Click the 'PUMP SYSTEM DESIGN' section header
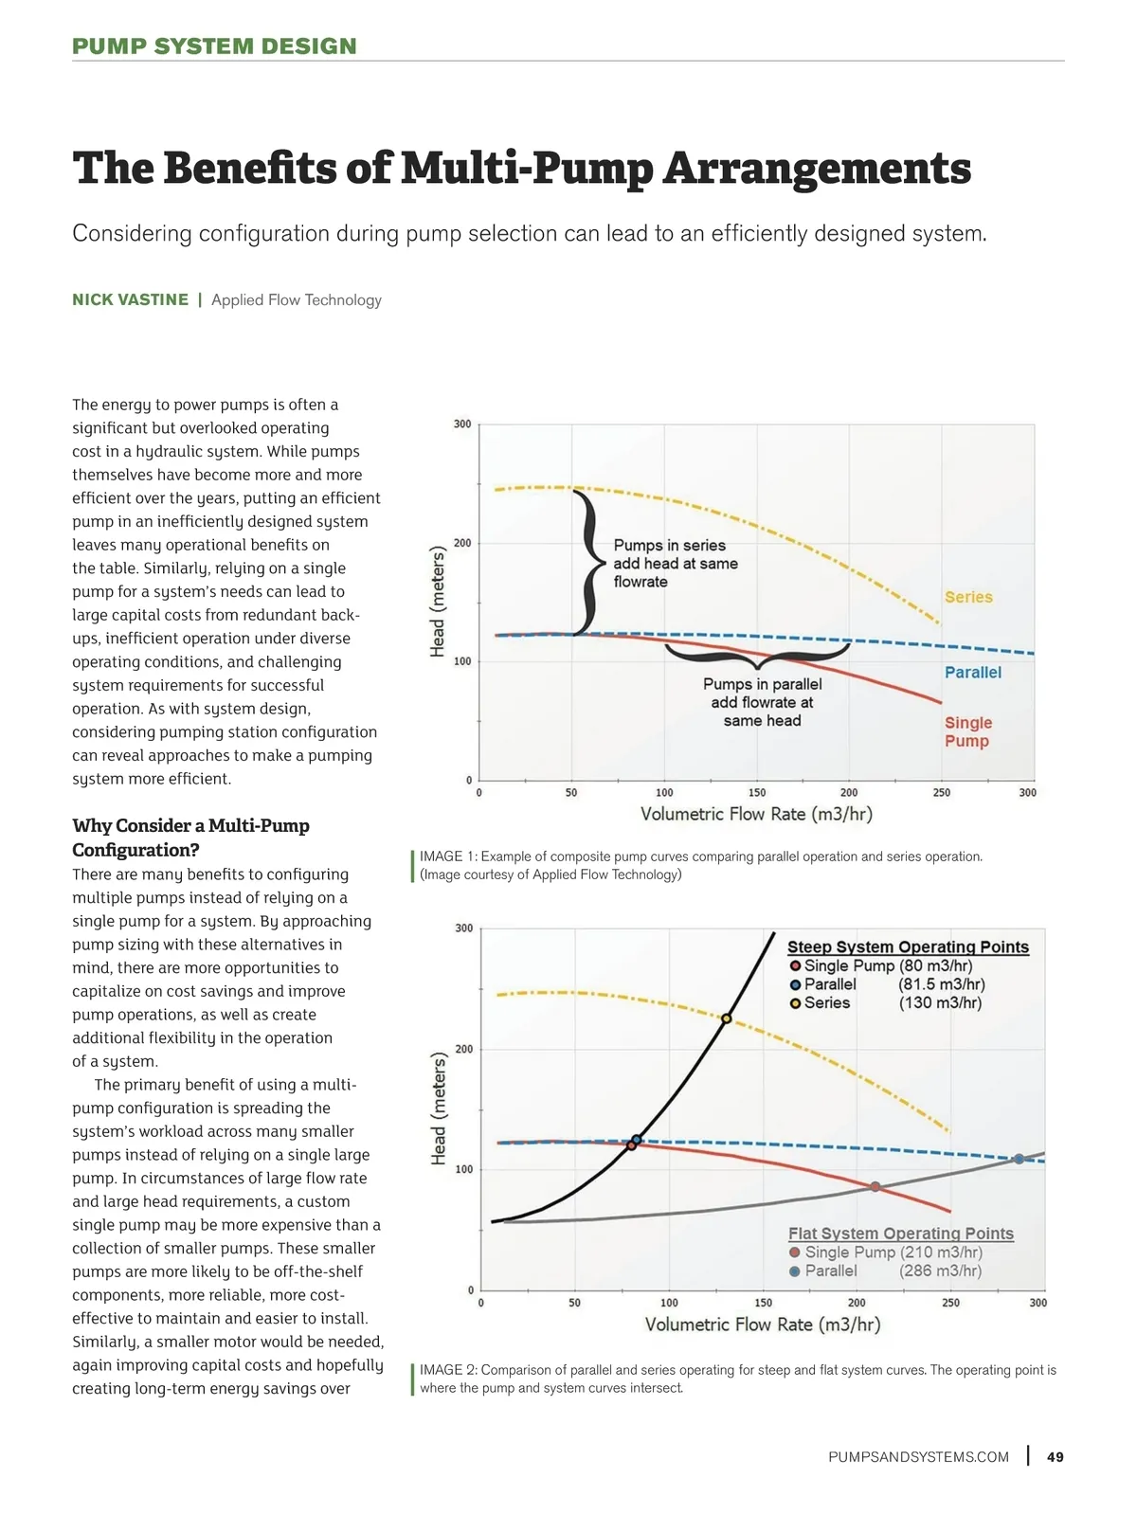pos(214,46)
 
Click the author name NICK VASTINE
pos(131,299)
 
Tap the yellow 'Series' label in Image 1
pos(968,597)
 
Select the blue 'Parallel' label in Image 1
pos(972,672)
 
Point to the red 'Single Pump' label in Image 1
pos(967,731)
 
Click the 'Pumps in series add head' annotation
pos(675,563)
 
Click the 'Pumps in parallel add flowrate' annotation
pos(762,702)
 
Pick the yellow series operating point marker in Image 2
pos(727,1019)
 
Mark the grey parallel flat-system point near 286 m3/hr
pos(1019,1159)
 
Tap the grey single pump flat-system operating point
pos(875,1186)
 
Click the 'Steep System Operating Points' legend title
pos(908,946)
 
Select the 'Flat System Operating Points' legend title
pos(900,1233)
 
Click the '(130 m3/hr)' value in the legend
pos(940,1002)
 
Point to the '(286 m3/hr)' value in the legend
pos(940,1271)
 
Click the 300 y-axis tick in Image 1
pos(462,424)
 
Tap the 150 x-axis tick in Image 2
pos(763,1303)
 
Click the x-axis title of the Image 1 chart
pos(756,814)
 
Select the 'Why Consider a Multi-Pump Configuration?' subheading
pos(190,838)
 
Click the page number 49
pos(1055,1457)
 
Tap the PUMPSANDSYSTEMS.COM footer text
pos(918,1457)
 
